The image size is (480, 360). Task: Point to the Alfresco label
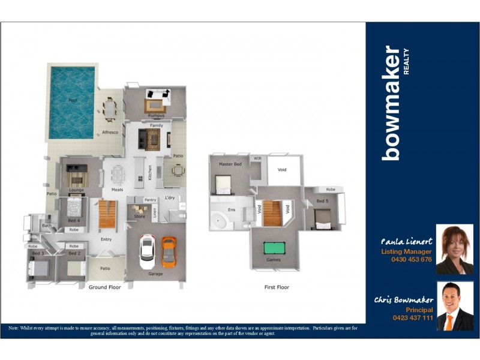(x=110, y=132)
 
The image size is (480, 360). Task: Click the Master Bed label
(x=230, y=164)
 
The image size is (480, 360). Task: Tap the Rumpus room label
(x=157, y=115)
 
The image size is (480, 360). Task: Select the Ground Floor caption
(x=105, y=287)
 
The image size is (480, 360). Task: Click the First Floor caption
(x=277, y=287)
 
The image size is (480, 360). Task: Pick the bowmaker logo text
(x=393, y=102)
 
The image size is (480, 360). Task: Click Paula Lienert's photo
(x=454, y=249)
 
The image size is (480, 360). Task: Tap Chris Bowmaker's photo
(x=454, y=306)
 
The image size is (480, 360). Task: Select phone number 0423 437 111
(x=413, y=318)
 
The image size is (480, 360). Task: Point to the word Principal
(x=419, y=310)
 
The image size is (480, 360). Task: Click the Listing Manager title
(x=406, y=252)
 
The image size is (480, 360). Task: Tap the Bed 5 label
(x=322, y=201)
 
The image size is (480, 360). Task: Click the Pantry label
(x=150, y=200)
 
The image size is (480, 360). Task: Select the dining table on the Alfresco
(x=109, y=109)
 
